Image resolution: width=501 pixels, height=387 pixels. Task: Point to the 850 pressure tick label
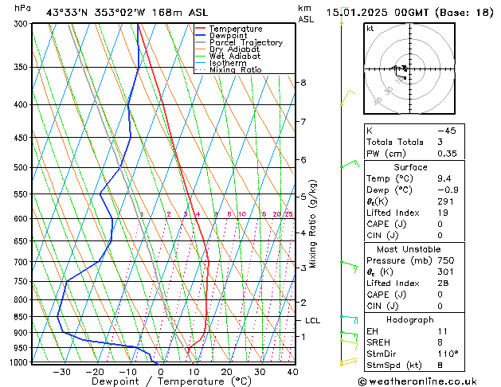point(22,317)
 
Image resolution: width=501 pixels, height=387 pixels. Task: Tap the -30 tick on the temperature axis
point(61,371)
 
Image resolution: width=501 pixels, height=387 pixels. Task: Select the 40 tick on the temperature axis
point(292,371)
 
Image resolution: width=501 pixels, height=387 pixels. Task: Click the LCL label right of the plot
point(312,321)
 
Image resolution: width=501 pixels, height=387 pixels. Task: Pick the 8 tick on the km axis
point(303,83)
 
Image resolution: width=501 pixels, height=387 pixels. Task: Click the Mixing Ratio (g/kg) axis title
point(313,224)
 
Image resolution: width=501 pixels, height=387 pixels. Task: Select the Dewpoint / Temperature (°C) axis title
point(160,381)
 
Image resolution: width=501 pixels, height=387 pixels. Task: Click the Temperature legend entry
point(235,29)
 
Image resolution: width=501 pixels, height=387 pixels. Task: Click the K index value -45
point(446,130)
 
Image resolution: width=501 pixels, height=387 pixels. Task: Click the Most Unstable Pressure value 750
point(446,260)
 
